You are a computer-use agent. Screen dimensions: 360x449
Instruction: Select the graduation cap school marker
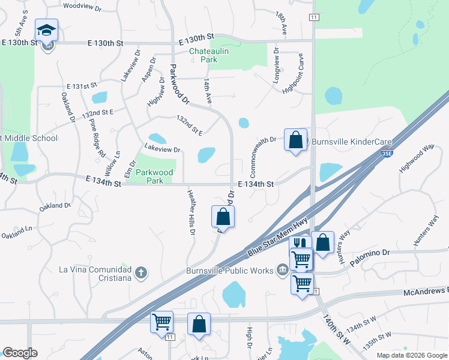(x=46, y=31)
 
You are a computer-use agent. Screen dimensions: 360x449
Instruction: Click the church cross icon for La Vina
(x=140, y=273)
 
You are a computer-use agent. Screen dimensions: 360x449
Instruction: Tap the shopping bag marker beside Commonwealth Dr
(x=295, y=140)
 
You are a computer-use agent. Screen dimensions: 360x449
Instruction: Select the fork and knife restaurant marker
(x=300, y=245)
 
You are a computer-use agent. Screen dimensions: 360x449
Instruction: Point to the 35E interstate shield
(x=387, y=154)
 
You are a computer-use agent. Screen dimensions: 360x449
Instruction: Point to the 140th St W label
(x=337, y=329)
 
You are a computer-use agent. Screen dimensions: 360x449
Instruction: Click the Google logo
(x=20, y=353)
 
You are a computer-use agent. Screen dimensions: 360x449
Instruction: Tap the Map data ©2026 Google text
(x=411, y=355)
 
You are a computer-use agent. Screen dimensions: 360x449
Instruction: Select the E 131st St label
(x=82, y=86)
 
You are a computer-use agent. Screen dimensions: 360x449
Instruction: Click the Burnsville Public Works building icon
(x=282, y=271)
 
